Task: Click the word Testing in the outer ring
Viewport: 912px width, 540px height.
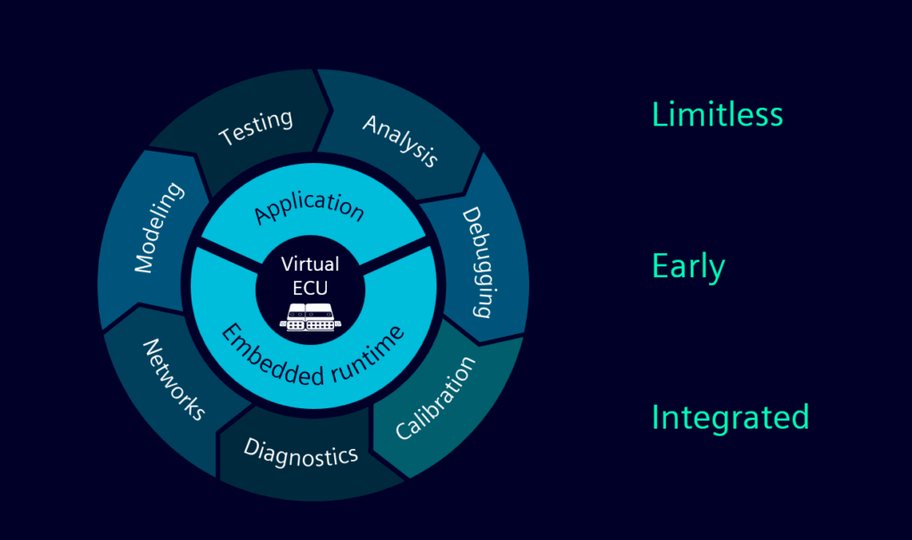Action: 256,127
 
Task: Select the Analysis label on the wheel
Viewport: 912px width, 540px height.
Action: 401,141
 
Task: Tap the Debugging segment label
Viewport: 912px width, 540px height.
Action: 476,262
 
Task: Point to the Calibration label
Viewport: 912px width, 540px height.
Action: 436,398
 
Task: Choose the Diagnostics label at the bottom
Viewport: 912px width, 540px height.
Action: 301,452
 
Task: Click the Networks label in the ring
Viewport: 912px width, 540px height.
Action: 175,379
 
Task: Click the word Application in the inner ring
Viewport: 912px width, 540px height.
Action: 309,207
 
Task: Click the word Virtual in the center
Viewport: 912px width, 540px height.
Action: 310,264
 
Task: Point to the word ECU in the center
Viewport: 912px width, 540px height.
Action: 310,288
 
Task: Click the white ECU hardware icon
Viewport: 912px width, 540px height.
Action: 311,315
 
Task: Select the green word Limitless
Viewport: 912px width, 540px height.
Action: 717,114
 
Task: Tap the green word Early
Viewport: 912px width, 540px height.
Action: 688,266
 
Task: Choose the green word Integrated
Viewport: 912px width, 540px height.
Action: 730,418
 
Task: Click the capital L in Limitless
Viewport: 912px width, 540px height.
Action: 659,114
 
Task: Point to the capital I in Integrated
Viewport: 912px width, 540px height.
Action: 656,417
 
